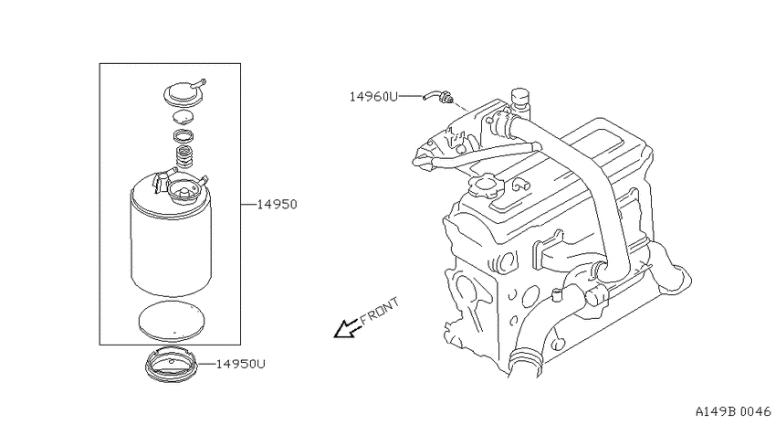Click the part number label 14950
pos(278,204)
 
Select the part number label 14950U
pos(241,364)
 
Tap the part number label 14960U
pos(373,97)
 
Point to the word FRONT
pos(379,311)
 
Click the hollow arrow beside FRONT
pos(348,328)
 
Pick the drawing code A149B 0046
pos(733,411)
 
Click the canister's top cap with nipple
pos(184,92)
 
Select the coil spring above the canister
pos(184,156)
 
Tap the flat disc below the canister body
pos(172,321)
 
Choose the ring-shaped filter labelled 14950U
pos(172,367)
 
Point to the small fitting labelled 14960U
pos(437,96)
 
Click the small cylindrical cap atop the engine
pos(520,98)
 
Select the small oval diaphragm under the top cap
pos(184,117)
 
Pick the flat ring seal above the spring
pos(184,135)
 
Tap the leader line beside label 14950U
pos(206,364)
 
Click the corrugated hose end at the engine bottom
pos(526,363)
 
